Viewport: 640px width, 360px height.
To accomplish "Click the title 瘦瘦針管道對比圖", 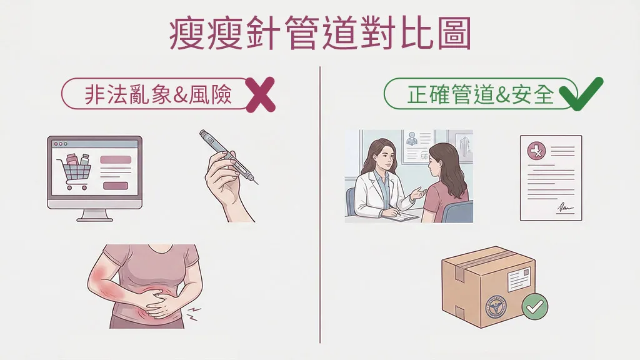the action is coord(321,34).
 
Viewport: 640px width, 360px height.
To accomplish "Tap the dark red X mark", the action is coord(261,95).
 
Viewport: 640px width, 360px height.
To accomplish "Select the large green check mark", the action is coord(581,94).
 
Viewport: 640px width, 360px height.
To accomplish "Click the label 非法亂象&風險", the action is coord(158,95).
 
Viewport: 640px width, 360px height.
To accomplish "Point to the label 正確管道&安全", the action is coord(481,94).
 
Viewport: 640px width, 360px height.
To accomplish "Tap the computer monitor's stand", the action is coord(95,215).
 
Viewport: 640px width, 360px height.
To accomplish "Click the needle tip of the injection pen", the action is coord(257,183).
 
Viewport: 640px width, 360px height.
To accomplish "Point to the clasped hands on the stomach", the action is coord(159,302).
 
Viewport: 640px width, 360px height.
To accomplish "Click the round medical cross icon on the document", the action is coord(537,151).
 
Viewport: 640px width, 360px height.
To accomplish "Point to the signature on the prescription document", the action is coord(565,208).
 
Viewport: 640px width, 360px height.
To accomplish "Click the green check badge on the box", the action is coord(535,306).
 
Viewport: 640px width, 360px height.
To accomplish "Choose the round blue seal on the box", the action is coord(496,306).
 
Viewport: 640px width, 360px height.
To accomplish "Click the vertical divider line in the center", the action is coord(320,204).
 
